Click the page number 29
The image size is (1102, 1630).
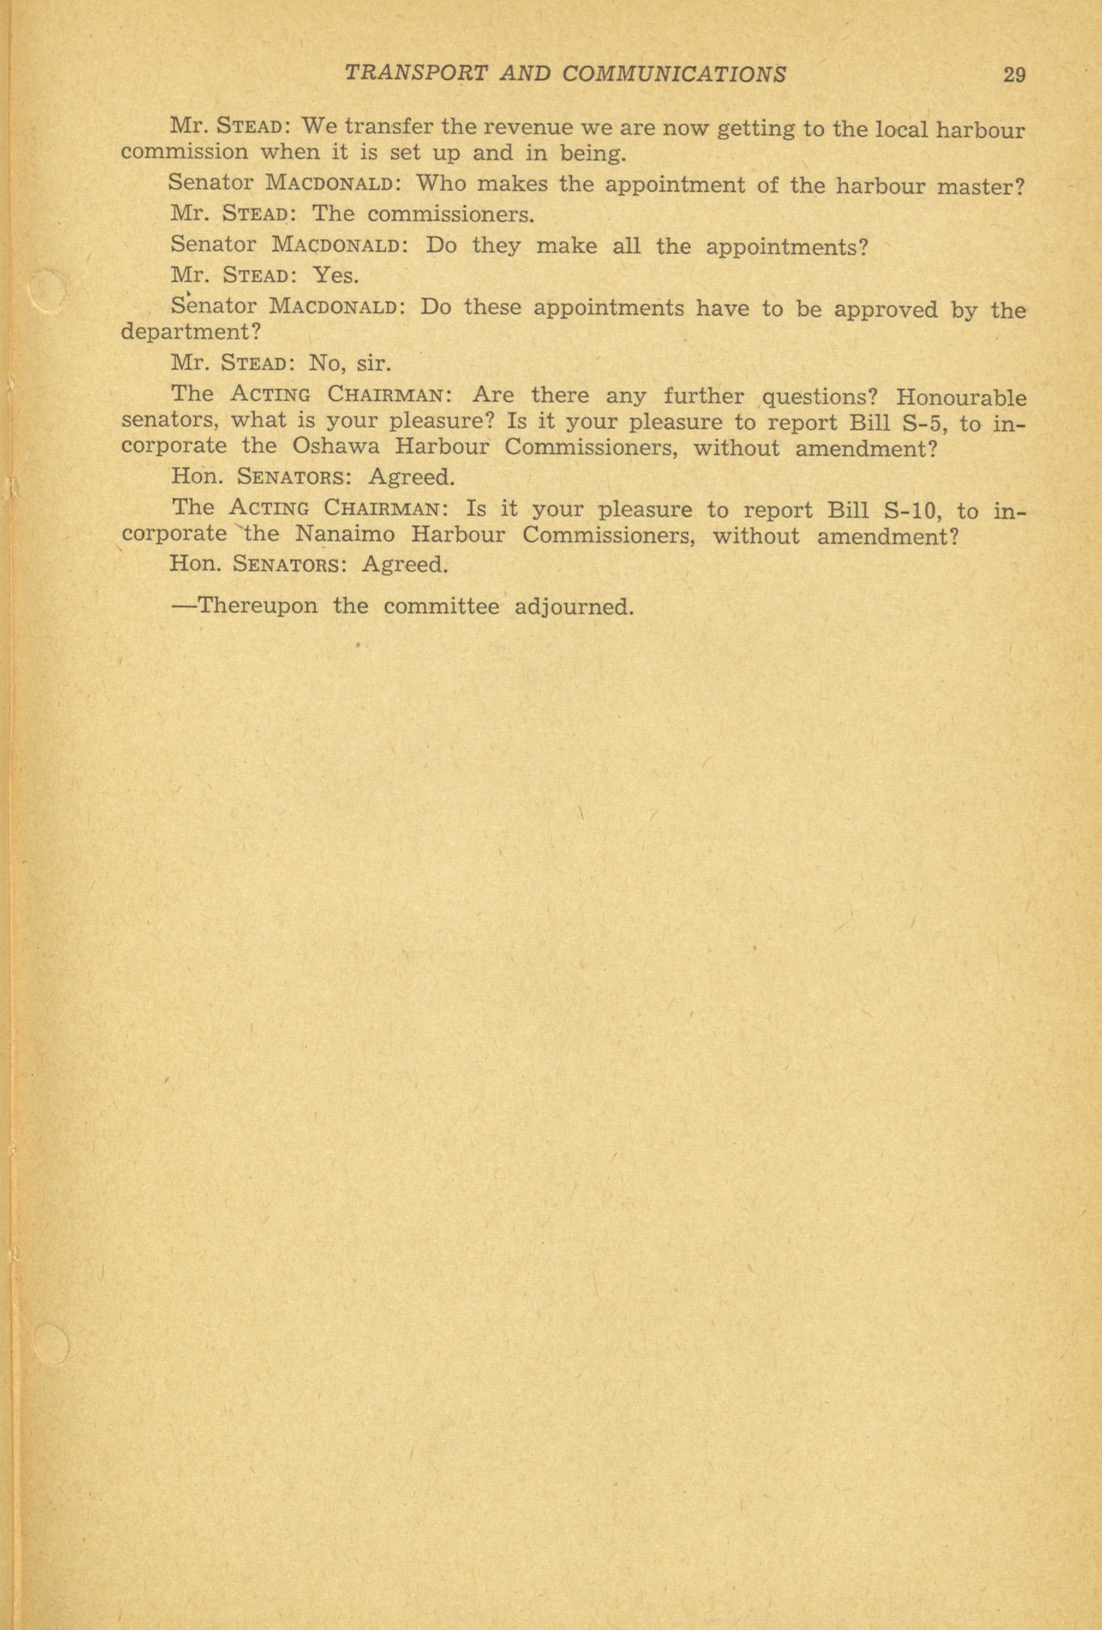(x=1014, y=74)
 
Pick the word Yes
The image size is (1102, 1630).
(x=335, y=275)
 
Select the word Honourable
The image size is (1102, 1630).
(x=961, y=397)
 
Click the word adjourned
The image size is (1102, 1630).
(x=573, y=606)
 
